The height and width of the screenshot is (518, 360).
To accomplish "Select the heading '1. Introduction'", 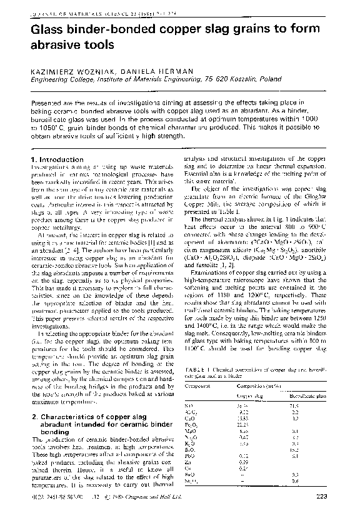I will point(57,160).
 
